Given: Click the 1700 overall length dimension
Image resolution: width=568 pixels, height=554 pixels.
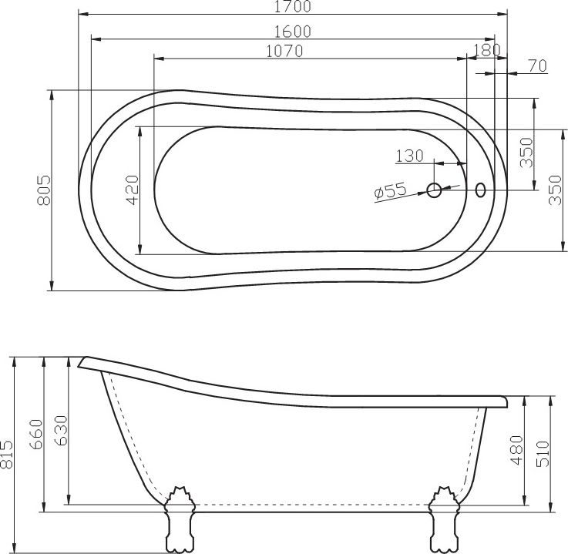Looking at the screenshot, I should (x=292, y=8).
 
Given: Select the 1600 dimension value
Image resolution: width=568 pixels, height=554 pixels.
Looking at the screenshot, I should (x=292, y=31).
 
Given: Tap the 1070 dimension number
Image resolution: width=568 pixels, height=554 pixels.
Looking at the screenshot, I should (x=284, y=51).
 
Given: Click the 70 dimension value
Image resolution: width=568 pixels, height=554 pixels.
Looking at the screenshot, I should (x=536, y=67).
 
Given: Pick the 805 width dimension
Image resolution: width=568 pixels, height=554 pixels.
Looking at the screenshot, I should (x=44, y=190).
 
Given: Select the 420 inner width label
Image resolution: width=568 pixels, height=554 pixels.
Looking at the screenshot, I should (x=132, y=190).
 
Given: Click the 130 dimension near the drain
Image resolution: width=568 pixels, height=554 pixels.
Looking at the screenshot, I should (x=409, y=156).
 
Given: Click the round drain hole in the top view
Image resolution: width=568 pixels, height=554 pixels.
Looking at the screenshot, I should (x=435, y=189).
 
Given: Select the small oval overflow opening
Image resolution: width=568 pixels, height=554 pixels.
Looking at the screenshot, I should (x=481, y=189).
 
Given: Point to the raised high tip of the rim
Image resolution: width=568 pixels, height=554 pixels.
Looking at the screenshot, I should (x=83, y=362).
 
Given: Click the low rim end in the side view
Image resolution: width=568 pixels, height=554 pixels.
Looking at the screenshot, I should (x=505, y=401).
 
